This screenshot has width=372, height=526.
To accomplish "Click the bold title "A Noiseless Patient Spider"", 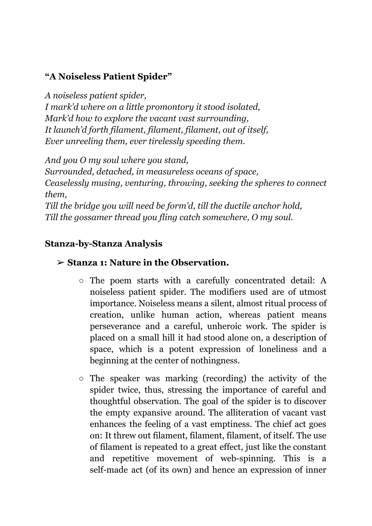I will (108, 77).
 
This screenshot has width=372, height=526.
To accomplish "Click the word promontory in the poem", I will (169, 107).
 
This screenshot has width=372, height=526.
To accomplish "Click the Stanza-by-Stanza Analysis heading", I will (104, 244).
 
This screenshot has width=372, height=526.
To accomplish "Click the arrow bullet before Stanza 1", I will (60, 263).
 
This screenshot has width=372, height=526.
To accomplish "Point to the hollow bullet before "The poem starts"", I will (81, 281).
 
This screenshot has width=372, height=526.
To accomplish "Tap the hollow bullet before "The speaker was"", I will (81, 379).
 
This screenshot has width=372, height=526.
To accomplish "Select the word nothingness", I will (215, 361).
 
